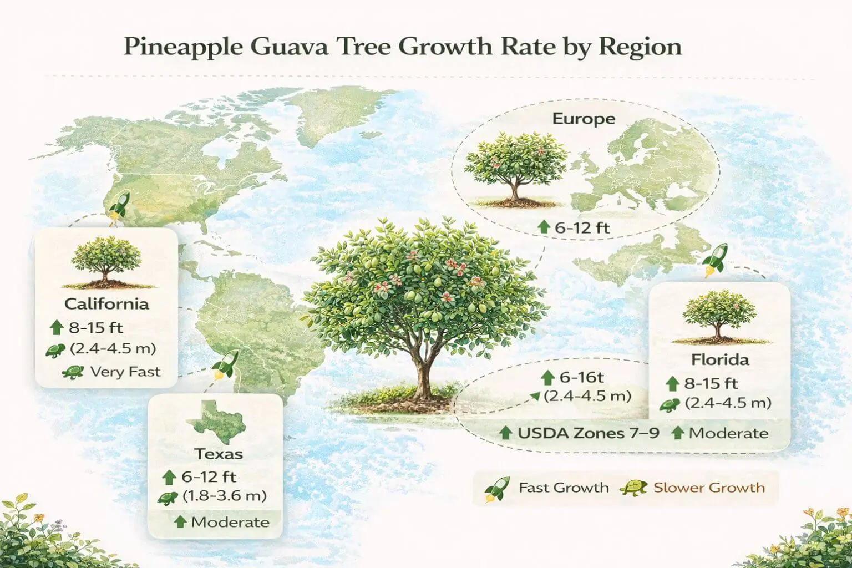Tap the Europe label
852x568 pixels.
click(x=584, y=119)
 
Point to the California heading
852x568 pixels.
click(x=106, y=304)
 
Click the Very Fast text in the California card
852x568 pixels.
click(x=125, y=372)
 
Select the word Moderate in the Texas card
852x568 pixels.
click(x=230, y=522)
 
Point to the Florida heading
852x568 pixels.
click(x=720, y=359)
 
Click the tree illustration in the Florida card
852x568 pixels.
click(x=719, y=317)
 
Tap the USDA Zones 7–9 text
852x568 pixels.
click(x=589, y=433)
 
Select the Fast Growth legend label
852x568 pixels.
click(x=564, y=488)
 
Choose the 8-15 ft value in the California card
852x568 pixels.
click(x=95, y=327)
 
